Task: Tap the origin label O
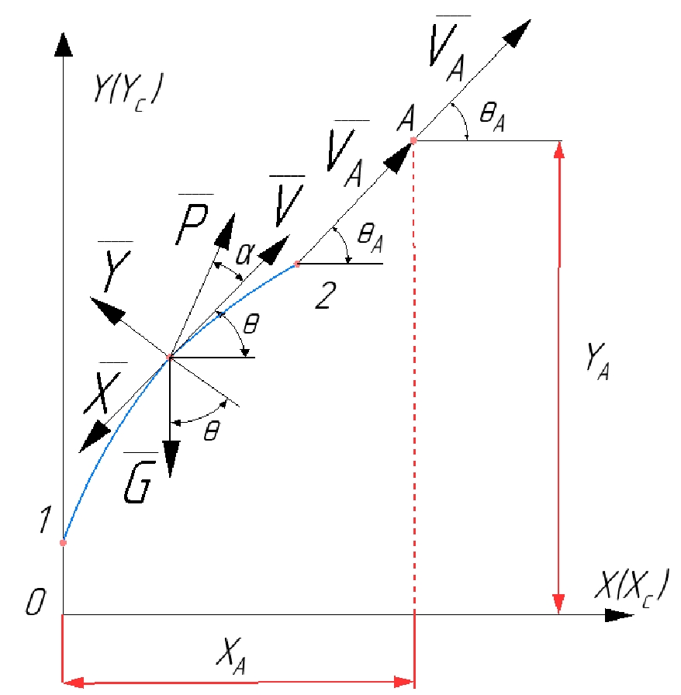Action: point(36,602)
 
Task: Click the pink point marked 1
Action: point(64,542)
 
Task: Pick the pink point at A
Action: point(413,140)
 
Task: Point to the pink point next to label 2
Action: point(297,265)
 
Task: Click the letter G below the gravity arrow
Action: point(140,482)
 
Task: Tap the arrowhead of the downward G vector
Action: point(171,458)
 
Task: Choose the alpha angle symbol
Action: point(246,254)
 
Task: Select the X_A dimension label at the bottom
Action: point(231,656)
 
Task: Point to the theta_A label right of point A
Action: point(493,117)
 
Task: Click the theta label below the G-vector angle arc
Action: point(212,430)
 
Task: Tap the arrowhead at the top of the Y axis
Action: point(64,44)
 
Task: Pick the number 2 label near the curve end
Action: point(326,296)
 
